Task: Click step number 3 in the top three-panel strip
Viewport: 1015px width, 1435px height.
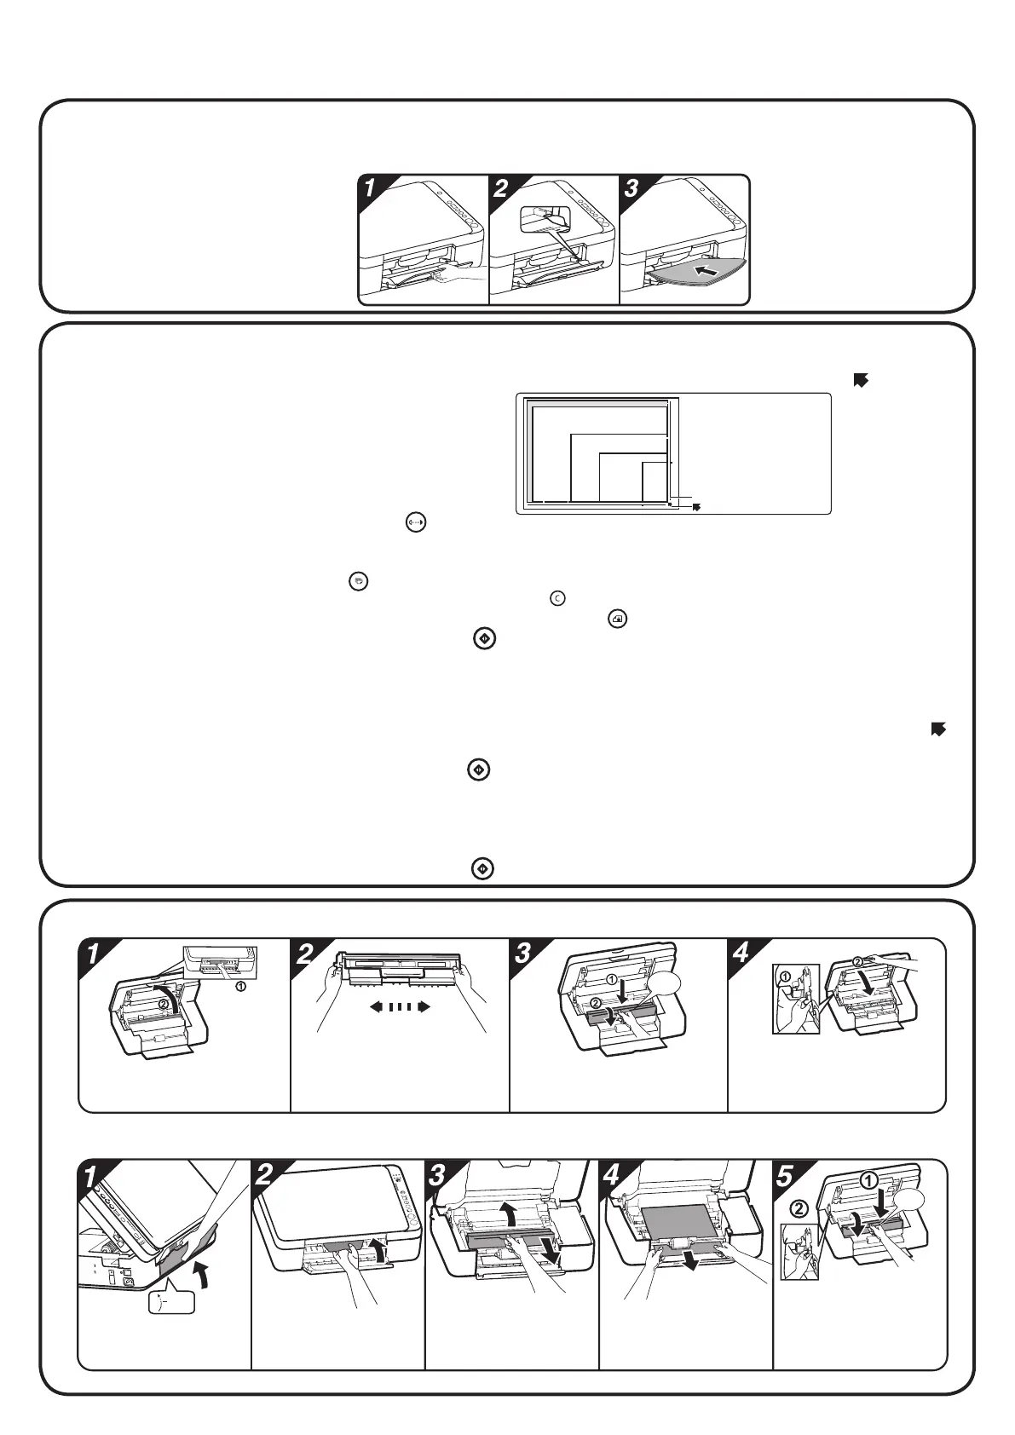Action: pyautogui.click(x=631, y=188)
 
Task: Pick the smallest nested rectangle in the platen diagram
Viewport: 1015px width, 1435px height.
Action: pyautogui.click(x=654, y=481)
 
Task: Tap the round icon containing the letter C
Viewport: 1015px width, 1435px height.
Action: pyautogui.click(x=557, y=598)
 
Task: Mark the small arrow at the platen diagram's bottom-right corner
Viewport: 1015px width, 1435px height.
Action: pyautogui.click(x=696, y=506)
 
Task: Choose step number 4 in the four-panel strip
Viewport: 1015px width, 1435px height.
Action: pyautogui.click(x=741, y=953)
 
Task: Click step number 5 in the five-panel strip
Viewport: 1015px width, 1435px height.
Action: pyautogui.click(x=786, y=1174)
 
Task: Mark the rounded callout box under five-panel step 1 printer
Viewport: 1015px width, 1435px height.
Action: pyautogui.click(x=171, y=1302)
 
